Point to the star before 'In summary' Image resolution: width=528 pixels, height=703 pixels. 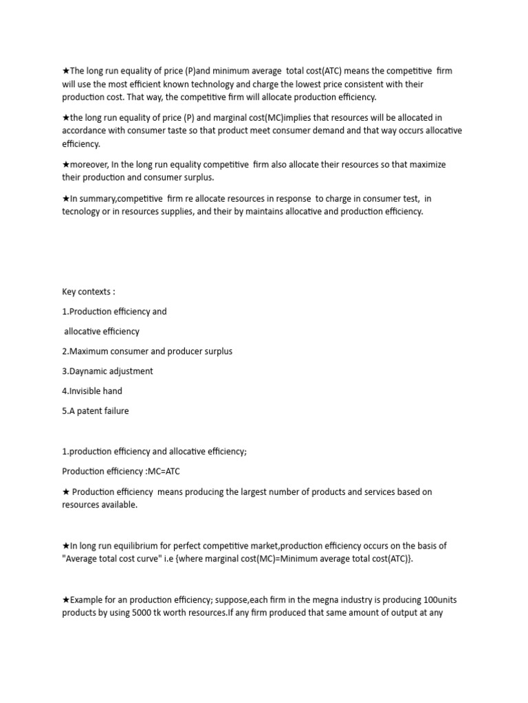65,198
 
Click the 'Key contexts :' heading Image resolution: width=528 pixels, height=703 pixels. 89,292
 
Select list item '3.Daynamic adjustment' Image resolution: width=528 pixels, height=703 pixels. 107,371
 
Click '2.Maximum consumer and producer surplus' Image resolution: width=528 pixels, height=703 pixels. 147,351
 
